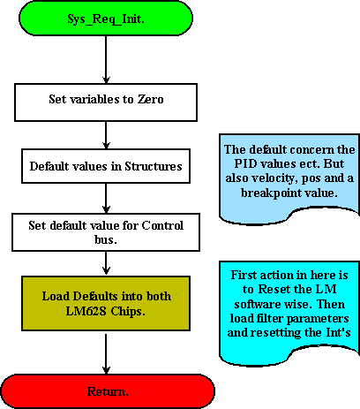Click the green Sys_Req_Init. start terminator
pos(106,19)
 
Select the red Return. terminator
pos(108,391)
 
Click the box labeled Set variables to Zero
pos(106,102)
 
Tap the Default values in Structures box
pos(106,166)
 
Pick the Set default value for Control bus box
pos(106,232)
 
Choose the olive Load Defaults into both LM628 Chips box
pos(106,303)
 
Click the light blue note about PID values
pos(289,177)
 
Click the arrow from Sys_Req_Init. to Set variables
pos(106,60)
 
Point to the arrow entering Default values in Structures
pos(106,135)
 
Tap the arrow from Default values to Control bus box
pos(106,198)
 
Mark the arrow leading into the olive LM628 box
pos(106,263)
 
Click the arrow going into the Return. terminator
pos(106,352)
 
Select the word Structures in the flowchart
pos(154,166)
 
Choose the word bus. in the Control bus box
pos(106,239)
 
